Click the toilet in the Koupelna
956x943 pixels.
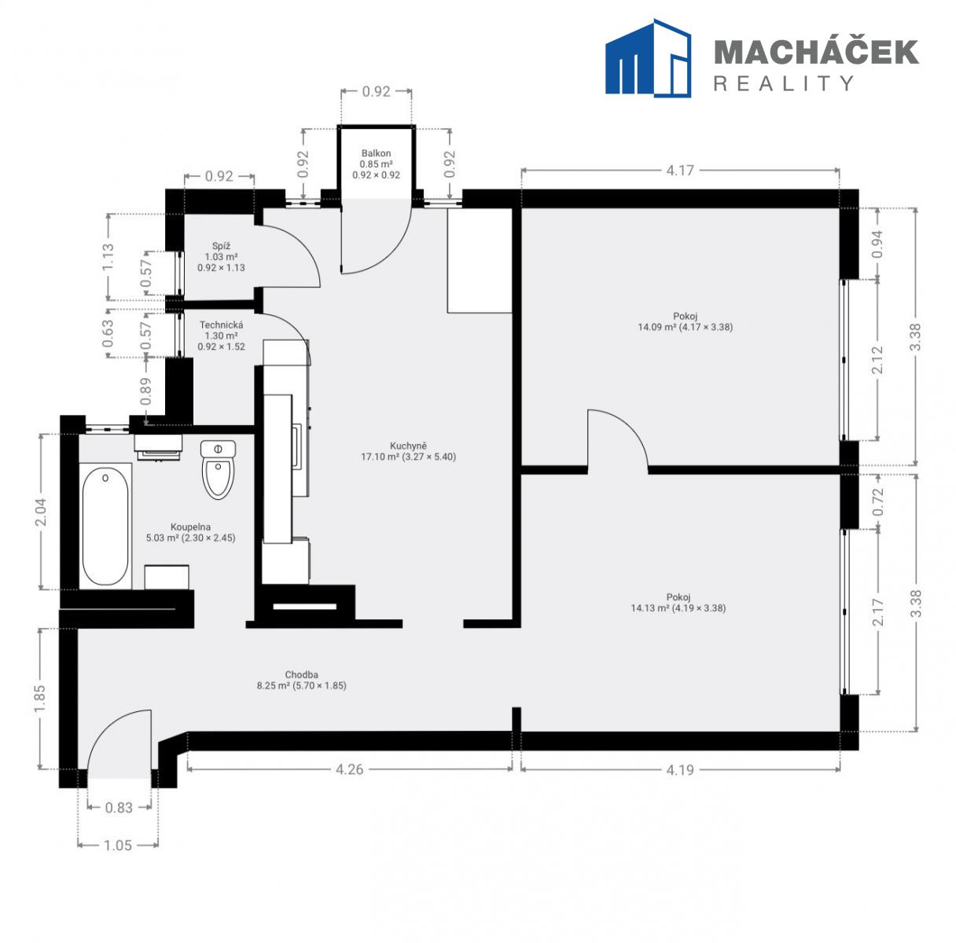tap(218, 469)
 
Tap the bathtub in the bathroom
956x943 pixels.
tap(105, 526)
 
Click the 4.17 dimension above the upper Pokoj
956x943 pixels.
tap(680, 171)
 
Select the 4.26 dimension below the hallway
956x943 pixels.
tap(350, 769)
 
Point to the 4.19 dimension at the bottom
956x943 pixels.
tap(680, 770)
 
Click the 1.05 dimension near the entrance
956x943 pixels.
tap(118, 846)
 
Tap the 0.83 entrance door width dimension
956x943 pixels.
tap(119, 808)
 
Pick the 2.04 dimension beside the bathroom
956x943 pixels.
tap(41, 512)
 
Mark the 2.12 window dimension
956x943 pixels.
tap(877, 360)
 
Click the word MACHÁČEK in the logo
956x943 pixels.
tap(816, 52)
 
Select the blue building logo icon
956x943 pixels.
tap(648, 58)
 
